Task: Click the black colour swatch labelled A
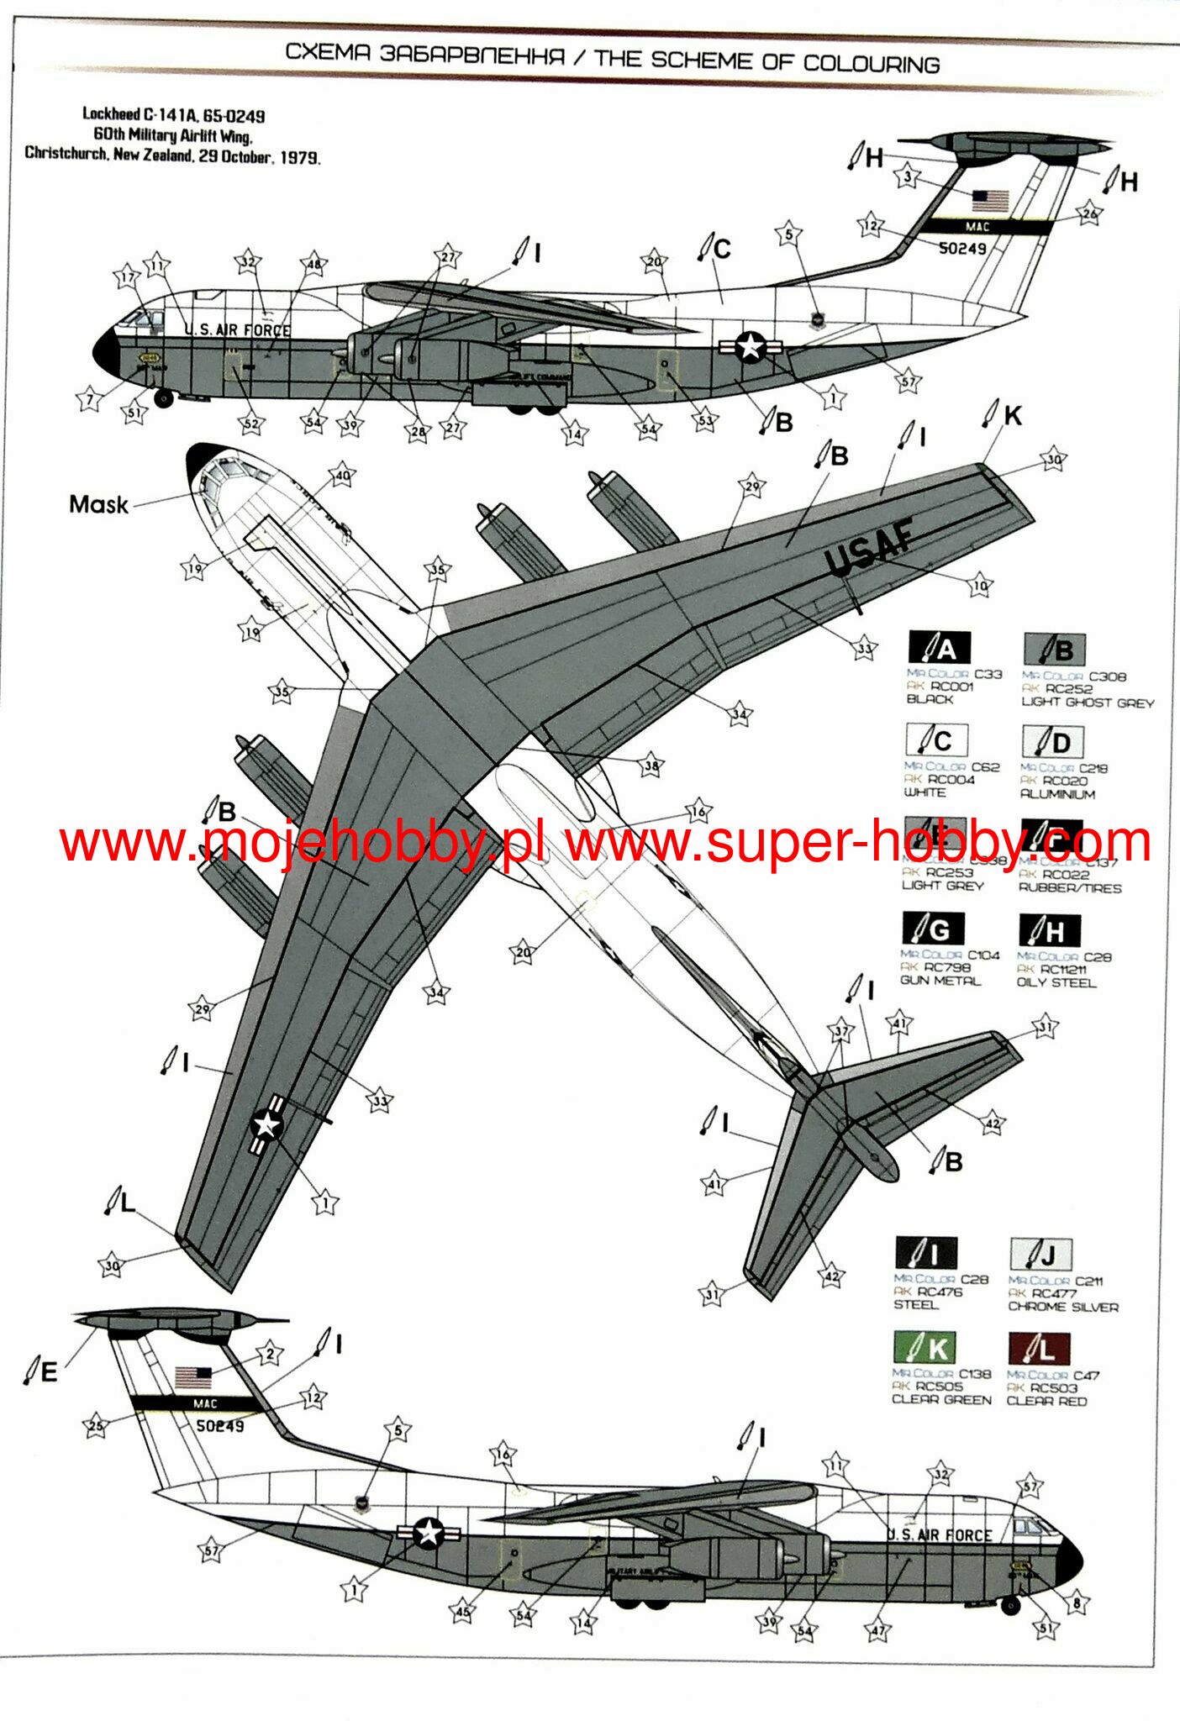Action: pyautogui.click(x=939, y=648)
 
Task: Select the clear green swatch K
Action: pyautogui.click(x=925, y=1349)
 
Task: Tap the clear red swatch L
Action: pyautogui.click(x=1039, y=1349)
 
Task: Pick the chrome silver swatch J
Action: pyautogui.click(x=1040, y=1255)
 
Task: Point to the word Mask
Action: pyautogui.click(x=98, y=505)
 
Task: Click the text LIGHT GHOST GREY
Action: pyautogui.click(x=1088, y=703)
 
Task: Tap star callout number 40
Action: pyautogui.click(x=342, y=475)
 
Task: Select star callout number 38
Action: pyautogui.click(x=651, y=766)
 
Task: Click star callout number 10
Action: pyautogui.click(x=980, y=586)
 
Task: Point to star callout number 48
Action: pyautogui.click(x=313, y=264)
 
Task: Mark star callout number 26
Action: pyautogui.click(x=1089, y=213)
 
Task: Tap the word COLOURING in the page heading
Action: pyautogui.click(x=871, y=64)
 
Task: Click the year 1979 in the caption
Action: pyautogui.click(x=299, y=157)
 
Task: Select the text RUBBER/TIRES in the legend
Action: pyautogui.click(x=1070, y=888)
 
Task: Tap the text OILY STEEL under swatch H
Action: pyautogui.click(x=1056, y=982)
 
